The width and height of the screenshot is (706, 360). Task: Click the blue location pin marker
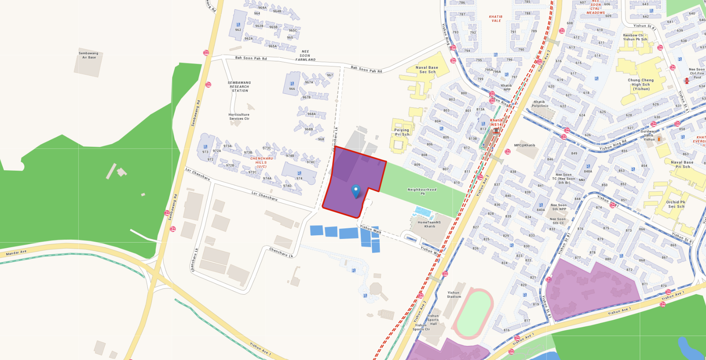tap(356, 191)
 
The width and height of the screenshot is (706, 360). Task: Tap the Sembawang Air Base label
tap(89, 55)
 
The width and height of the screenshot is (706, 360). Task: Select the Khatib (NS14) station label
tap(496, 122)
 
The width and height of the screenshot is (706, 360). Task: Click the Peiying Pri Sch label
tap(402, 132)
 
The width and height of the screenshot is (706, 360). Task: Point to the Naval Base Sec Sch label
tap(427, 70)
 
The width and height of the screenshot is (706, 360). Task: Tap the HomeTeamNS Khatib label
tap(429, 224)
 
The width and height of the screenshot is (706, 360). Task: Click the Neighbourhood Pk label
tap(422, 191)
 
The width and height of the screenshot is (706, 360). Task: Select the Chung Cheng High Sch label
tap(641, 85)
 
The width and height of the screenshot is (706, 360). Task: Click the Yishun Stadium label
tap(454, 295)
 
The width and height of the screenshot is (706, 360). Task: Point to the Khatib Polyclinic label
tap(540, 104)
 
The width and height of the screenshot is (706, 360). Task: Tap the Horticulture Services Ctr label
tap(239, 117)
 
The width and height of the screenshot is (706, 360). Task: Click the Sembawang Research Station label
tap(239, 87)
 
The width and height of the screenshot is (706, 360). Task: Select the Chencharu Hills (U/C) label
tap(261, 163)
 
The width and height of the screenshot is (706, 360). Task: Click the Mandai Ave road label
tap(16, 253)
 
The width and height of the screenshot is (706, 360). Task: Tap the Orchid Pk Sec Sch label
tap(675, 204)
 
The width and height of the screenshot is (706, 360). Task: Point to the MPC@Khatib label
tap(524, 145)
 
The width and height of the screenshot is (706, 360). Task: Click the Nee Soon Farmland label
tap(305, 56)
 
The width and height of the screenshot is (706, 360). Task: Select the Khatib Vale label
tap(496, 19)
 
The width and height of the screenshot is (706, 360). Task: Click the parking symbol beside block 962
tap(238, 25)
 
